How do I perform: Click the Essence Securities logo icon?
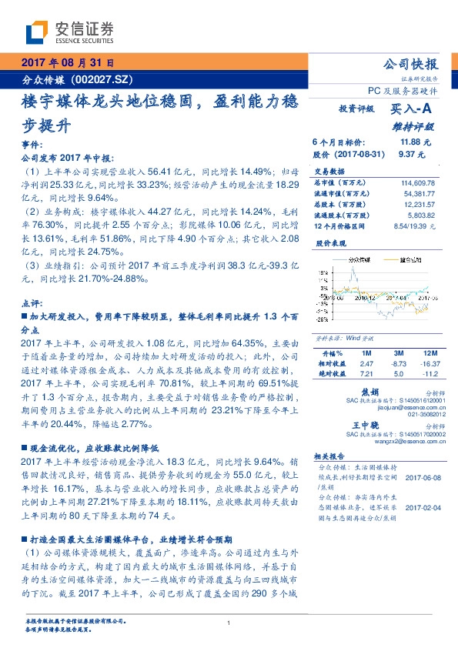click(35, 32)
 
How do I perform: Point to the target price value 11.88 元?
click(416, 142)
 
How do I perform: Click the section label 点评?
click(28, 303)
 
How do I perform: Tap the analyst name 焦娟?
click(370, 392)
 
